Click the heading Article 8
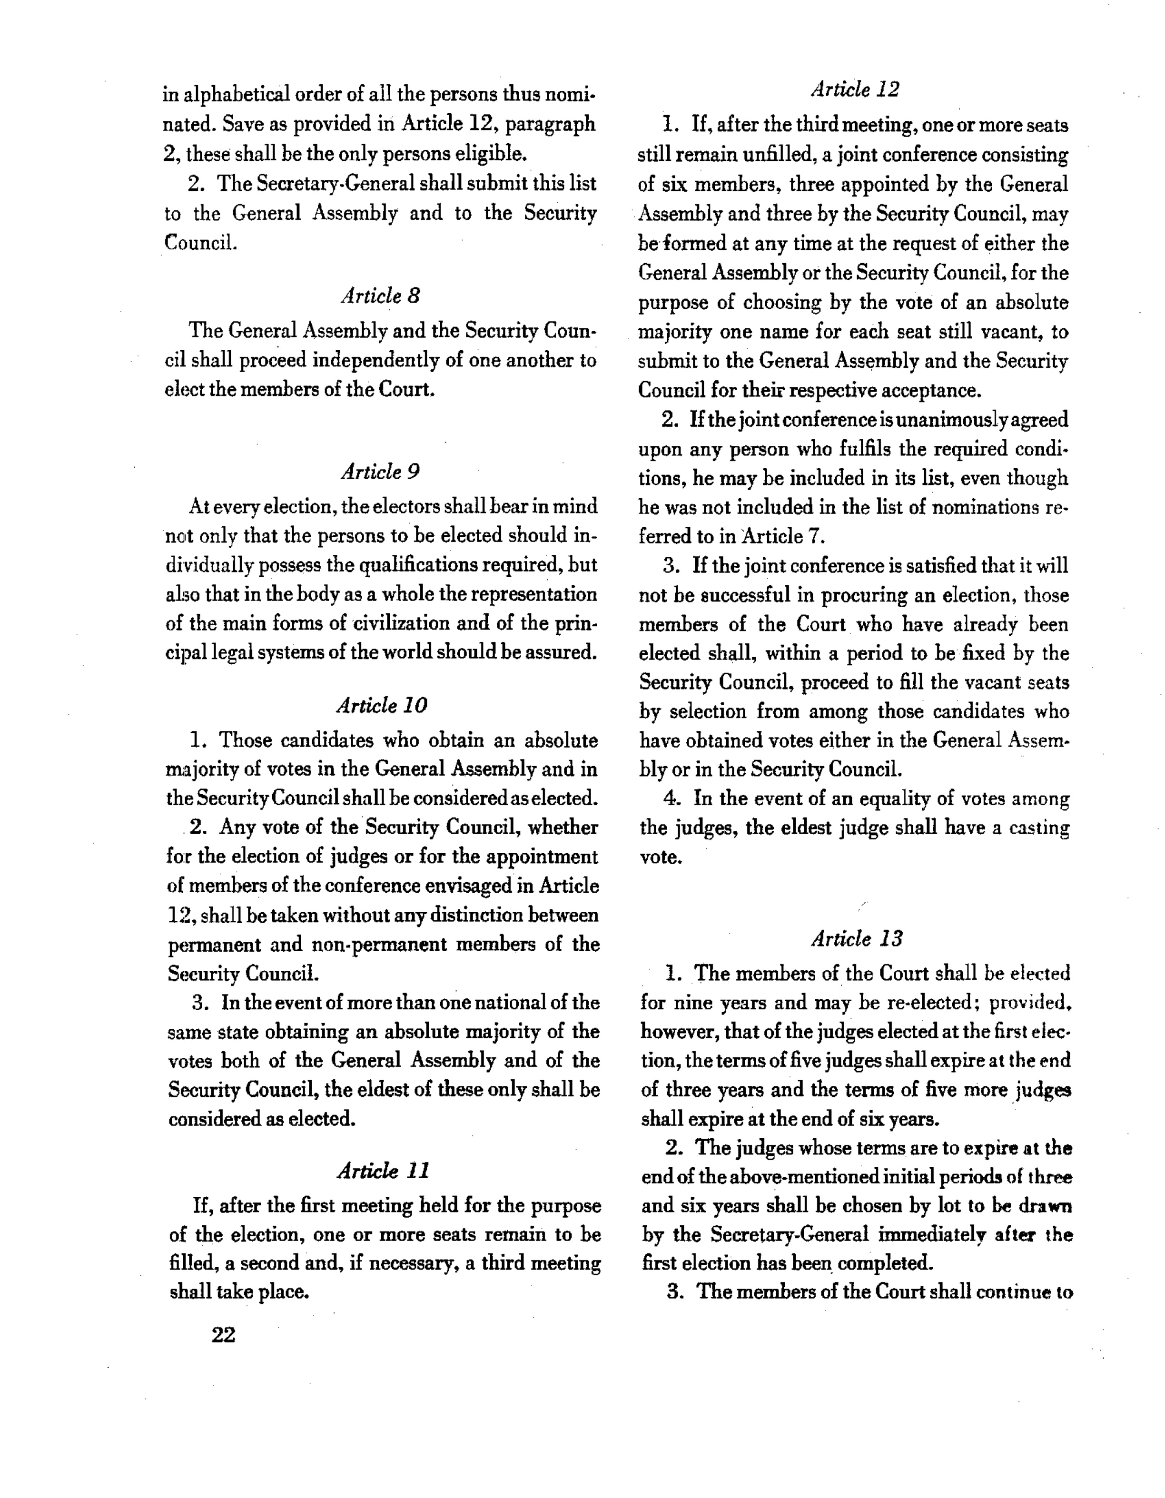pos(380,296)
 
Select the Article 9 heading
pos(380,472)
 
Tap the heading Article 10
pos(382,705)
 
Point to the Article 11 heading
pos(383,1171)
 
